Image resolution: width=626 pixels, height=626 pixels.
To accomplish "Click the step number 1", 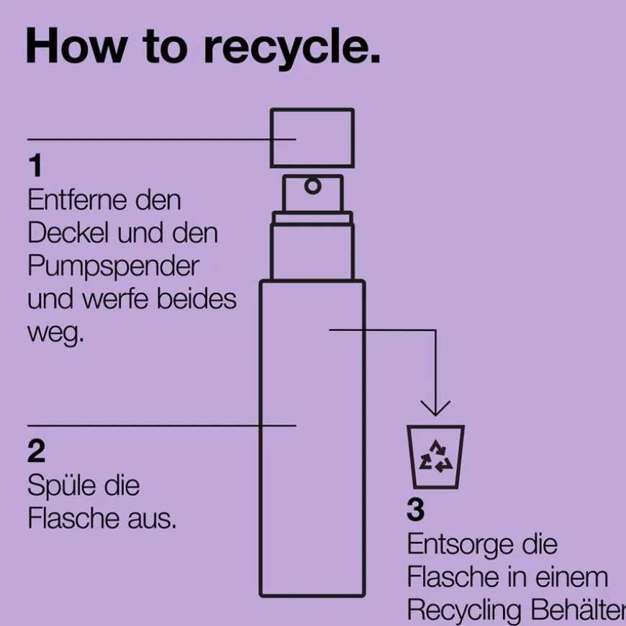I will [x=35, y=167].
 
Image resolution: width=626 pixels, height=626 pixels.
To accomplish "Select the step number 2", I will [x=36, y=452].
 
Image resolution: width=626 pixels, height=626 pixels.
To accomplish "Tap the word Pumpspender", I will [x=113, y=266].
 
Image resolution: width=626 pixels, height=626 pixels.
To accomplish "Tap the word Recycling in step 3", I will [x=464, y=610].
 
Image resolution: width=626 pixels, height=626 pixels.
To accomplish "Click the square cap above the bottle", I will [x=312, y=137].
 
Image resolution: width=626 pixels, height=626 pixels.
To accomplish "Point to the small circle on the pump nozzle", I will [x=313, y=186].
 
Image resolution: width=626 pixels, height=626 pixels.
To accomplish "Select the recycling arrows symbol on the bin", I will [x=436, y=458].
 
